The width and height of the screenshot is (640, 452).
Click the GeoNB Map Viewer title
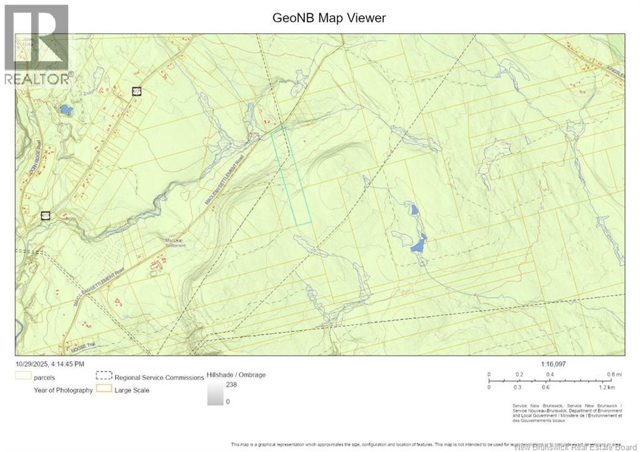click(329, 18)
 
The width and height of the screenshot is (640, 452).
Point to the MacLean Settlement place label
click(175, 243)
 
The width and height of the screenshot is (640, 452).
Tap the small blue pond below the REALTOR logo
click(65, 110)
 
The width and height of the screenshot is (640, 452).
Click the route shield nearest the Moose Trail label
click(45, 215)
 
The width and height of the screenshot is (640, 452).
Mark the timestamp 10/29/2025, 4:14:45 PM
click(50, 364)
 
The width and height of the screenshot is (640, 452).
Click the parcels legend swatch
click(23, 376)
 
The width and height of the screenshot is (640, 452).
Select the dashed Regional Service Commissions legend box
click(103, 376)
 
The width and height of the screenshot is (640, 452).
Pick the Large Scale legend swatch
click(103, 389)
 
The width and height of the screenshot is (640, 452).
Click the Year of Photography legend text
click(63, 390)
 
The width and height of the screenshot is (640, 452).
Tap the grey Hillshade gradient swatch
click(215, 393)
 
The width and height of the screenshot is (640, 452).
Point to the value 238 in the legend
click(231, 385)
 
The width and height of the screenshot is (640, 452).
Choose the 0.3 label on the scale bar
click(519, 388)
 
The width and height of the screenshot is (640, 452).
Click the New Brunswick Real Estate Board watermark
click(578, 446)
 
